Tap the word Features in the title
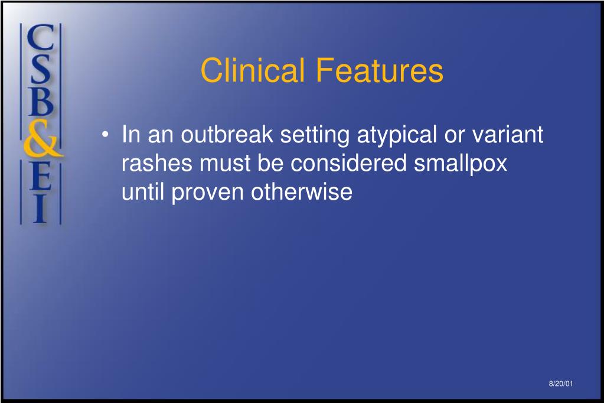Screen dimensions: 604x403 coord(380,70)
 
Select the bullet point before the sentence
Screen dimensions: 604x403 coord(105,135)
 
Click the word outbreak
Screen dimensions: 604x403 coord(227,134)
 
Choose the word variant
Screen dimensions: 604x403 coord(508,134)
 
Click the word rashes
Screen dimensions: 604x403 coord(157,163)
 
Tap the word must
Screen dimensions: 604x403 coord(225,164)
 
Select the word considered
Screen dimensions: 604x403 coord(348,163)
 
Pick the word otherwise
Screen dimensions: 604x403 coord(302,191)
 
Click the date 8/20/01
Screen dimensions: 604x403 coord(561,383)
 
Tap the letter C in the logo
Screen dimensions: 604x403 coord(41,37)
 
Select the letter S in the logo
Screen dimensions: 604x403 coord(41,69)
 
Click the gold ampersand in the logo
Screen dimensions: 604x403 coord(42,138)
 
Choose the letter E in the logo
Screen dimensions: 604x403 coord(41,175)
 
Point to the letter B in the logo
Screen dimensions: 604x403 coord(41,102)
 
